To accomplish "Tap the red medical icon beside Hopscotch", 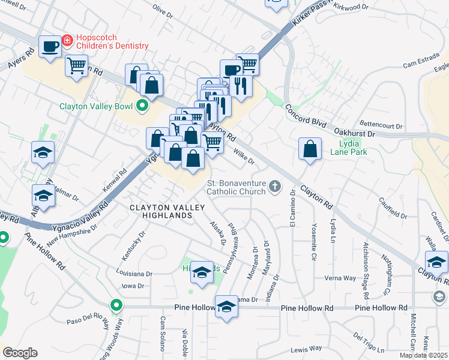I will pyautogui.click(x=67, y=41).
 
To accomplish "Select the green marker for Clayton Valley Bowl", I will pyautogui.click(x=142, y=107).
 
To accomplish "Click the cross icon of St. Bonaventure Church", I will pyautogui.click(x=275, y=187).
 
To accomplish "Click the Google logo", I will pyautogui.click(x=20, y=353).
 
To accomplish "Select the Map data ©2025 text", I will pyautogui.click(x=423, y=355).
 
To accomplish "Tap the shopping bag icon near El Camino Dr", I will pyautogui.click(x=309, y=150).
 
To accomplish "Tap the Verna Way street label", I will pyautogui.click(x=340, y=278).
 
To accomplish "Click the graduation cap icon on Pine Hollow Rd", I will pyautogui.click(x=226, y=307).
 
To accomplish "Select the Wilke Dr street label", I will pyautogui.click(x=244, y=157).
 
